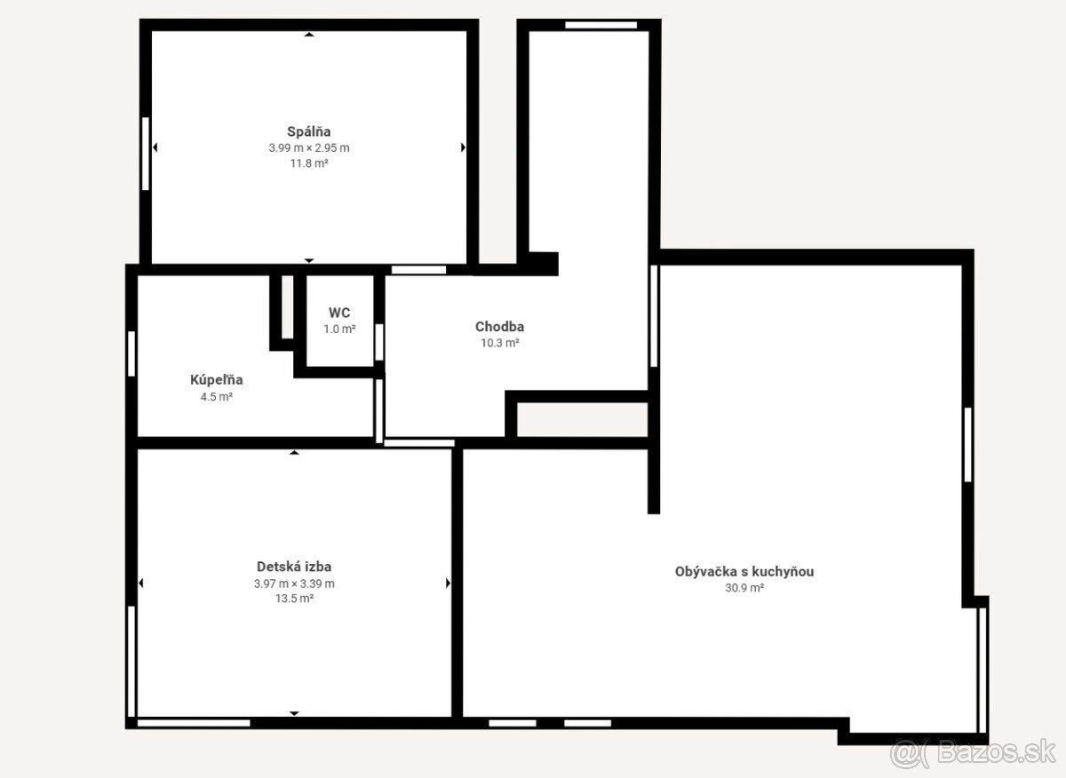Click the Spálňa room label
point(309,131)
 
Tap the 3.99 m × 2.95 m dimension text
point(309,148)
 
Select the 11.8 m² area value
point(309,163)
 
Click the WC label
point(339,313)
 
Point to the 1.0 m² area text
point(339,329)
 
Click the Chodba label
point(499,327)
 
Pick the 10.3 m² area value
point(499,343)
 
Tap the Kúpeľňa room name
point(217,380)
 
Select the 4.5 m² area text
point(217,396)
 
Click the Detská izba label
point(294,567)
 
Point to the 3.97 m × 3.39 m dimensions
point(294,583)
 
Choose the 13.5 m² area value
point(294,598)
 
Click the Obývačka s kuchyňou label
point(744,571)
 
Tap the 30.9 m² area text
point(744,588)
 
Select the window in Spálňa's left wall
point(146,154)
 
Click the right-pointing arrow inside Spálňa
point(463,147)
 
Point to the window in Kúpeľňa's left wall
point(131,353)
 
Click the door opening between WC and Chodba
point(379,342)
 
